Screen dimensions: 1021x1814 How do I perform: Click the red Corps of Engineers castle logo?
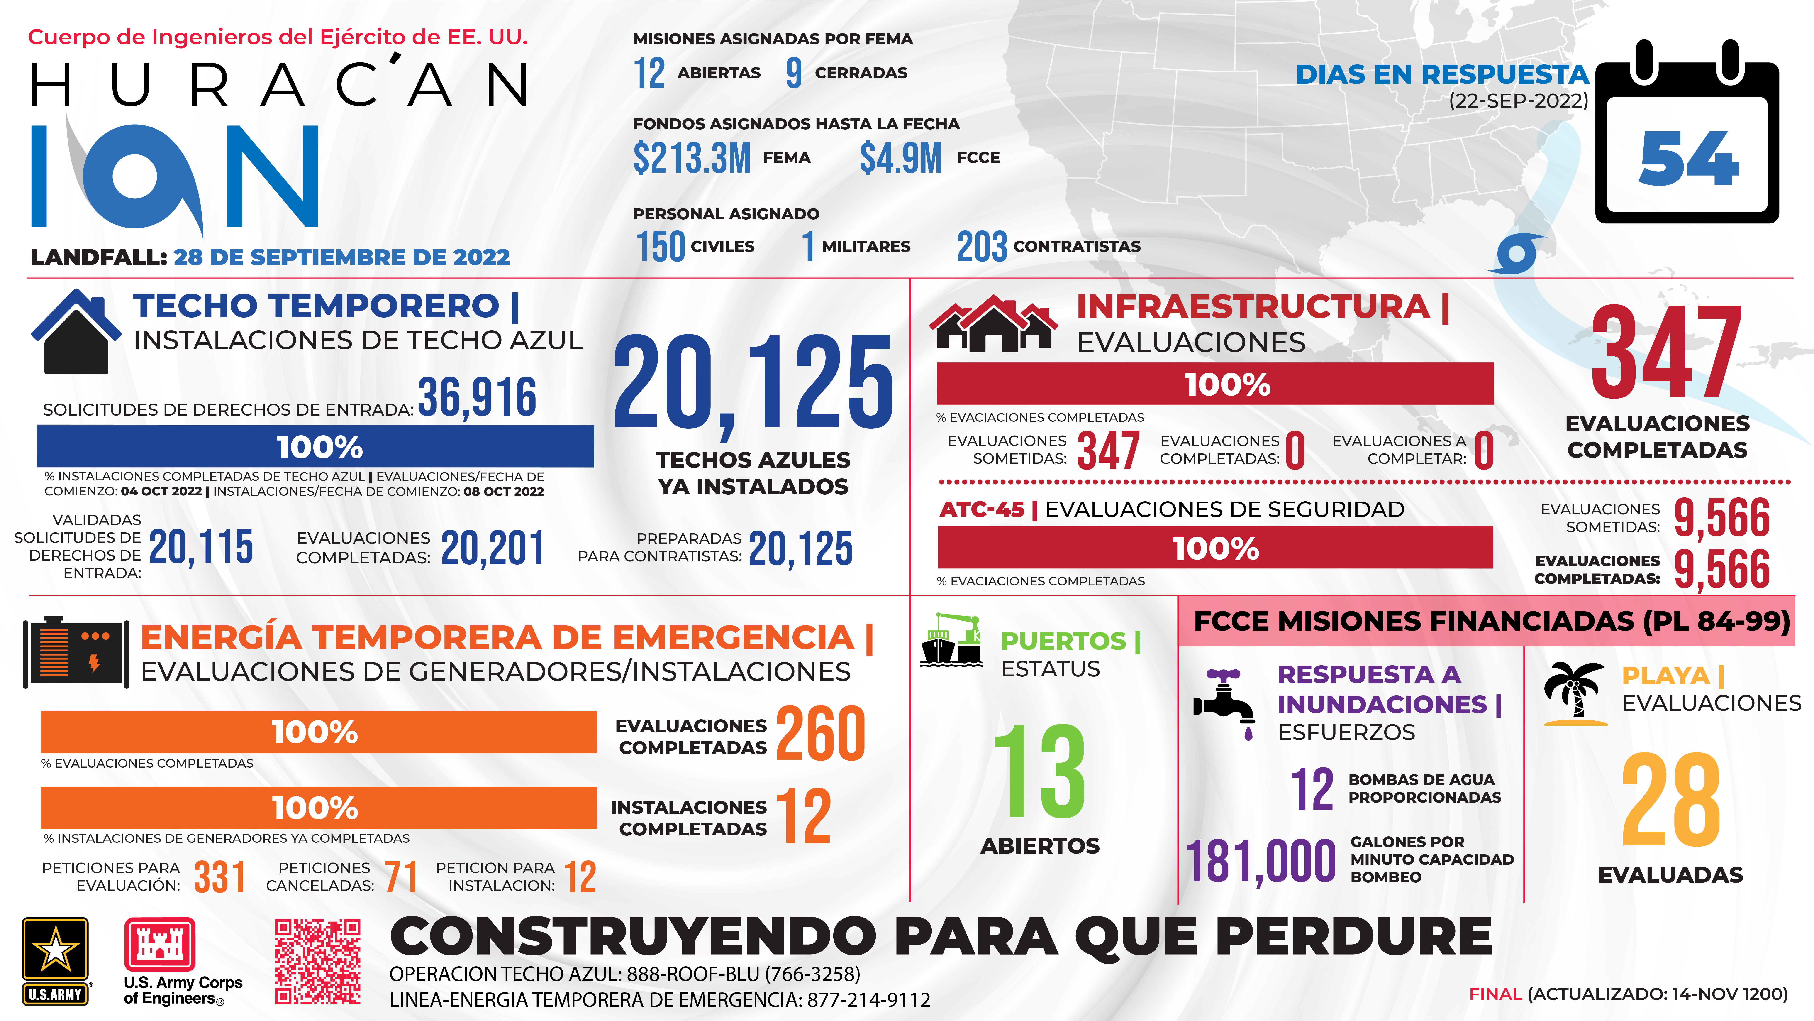159,944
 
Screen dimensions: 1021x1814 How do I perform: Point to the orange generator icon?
76,652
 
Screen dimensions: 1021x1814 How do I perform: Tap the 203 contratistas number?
982,247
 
